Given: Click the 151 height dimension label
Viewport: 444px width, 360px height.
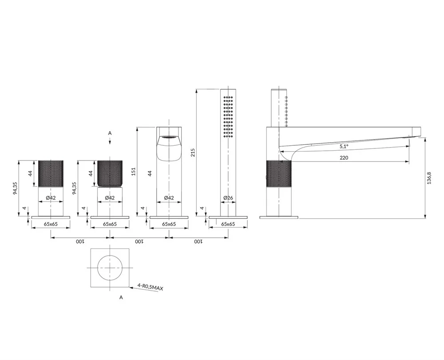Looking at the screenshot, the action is (134, 172).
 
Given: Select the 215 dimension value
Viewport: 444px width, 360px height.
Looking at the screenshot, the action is (193, 152).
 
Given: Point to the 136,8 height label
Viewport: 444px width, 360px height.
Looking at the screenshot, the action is (429, 178).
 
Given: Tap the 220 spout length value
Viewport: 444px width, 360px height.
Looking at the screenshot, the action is (344, 158).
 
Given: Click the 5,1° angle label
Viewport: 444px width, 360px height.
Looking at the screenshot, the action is (344, 147).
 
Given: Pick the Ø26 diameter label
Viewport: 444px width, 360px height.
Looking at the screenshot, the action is (228, 198).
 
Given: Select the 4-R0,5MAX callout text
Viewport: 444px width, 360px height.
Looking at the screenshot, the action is (151, 287).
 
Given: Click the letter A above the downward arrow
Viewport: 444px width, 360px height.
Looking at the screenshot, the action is (110, 133).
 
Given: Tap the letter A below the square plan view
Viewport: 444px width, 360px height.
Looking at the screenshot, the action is (121, 297).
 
